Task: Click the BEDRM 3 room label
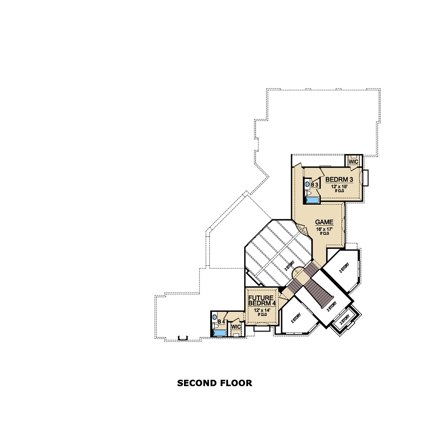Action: point(339,179)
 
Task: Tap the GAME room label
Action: point(324,222)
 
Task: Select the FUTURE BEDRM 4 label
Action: point(262,299)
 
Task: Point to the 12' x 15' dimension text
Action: point(339,187)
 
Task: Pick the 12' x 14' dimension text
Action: point(261,310)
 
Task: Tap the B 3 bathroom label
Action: point(315,184)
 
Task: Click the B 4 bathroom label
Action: point(221,322)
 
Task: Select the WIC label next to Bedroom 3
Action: point(353,162)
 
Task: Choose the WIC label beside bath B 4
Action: point(236,327)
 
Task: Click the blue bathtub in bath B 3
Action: point(312,200)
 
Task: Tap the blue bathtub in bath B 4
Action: point(219,332)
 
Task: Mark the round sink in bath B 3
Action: point(307,184)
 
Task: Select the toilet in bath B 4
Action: point(214,326)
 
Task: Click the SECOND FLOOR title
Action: point(215,383)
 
